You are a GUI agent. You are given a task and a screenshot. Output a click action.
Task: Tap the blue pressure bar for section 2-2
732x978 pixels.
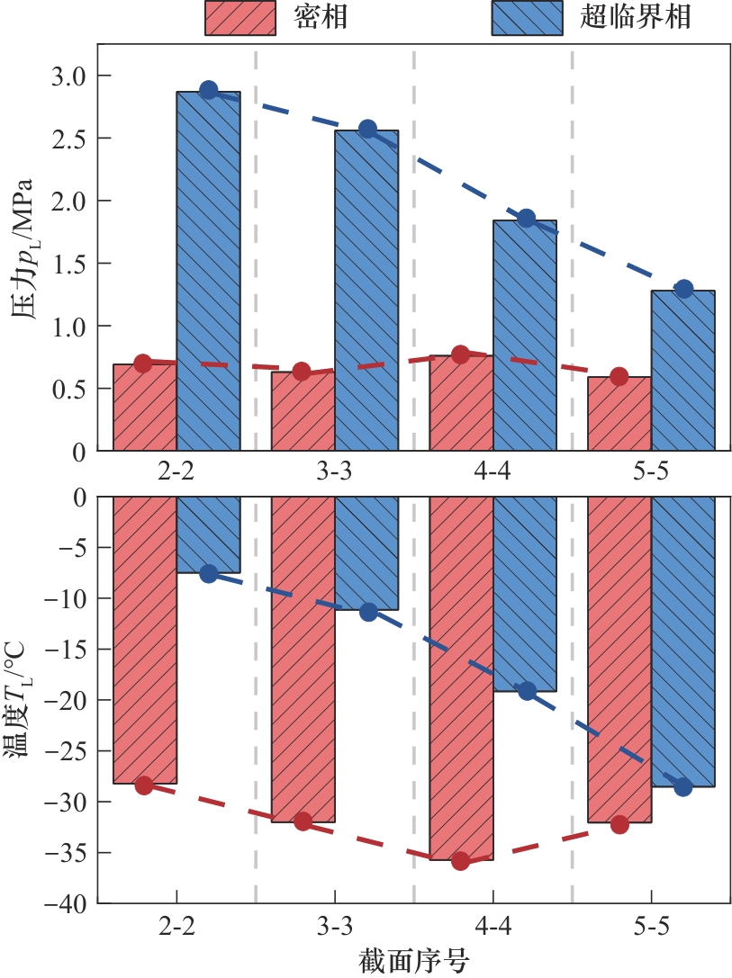click(208, 270)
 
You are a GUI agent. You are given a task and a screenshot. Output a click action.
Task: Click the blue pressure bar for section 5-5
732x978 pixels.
click(682, 370)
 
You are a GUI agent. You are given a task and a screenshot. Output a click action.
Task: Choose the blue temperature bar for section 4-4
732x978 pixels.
click(525, 594)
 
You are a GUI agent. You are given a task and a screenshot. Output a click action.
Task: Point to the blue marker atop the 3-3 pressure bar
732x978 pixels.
click(367, 129)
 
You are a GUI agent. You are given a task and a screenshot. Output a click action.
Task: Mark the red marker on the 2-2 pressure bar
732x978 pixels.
click(142, 363)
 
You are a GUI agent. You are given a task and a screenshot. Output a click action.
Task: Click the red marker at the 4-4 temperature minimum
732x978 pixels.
click(461, 861)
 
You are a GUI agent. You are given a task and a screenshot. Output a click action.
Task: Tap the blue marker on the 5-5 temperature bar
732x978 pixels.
click(683, 787)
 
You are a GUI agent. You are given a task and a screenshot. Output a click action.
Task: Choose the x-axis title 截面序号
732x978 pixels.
click(411, 960)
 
